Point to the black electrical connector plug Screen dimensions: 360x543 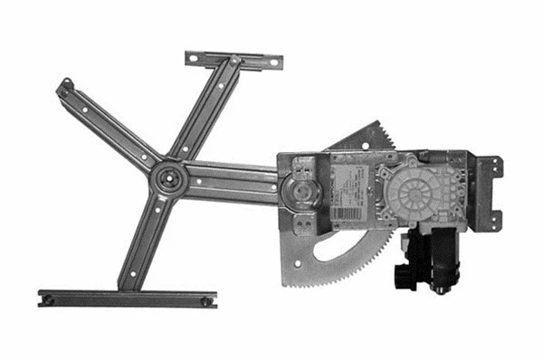coord(404,271)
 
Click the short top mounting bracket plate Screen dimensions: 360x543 coord(233,60)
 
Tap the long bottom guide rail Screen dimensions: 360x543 coord(127,298)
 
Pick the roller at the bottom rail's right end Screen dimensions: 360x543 coord(207,299)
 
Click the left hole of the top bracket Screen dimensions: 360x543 coord(194,57)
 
